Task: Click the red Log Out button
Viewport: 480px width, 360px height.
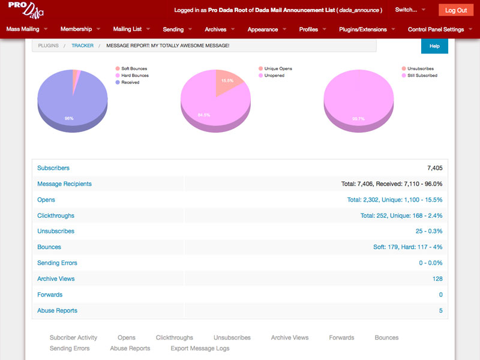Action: click(x=456, y=10)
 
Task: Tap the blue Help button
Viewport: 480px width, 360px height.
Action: click(x=434, y=46)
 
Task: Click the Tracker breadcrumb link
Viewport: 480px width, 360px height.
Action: click(x=82, y=46)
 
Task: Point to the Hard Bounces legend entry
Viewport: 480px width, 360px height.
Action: click(x=134, y=76)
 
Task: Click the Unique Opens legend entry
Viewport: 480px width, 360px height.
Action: click(x=278, y=68)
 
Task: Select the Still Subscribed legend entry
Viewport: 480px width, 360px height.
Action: click(x=422, y=76)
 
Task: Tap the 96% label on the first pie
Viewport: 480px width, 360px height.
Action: click(x=69, y=118)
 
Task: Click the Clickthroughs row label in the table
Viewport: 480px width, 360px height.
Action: click(x=56, y=215)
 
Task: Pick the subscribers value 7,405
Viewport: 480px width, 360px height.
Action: click(x=434, y=168)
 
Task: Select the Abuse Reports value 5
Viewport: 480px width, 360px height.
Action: click(x=440, y=311)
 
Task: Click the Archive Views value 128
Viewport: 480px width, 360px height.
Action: click(x=437, y=279)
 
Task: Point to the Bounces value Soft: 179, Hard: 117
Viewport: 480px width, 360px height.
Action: click(x=407, y=247)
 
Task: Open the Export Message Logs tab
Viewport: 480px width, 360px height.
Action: click(x=200, y=349)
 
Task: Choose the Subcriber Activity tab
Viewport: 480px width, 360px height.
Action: click(x=73, y=338)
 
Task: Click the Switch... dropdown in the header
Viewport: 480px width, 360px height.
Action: click(x=410, y=10)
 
